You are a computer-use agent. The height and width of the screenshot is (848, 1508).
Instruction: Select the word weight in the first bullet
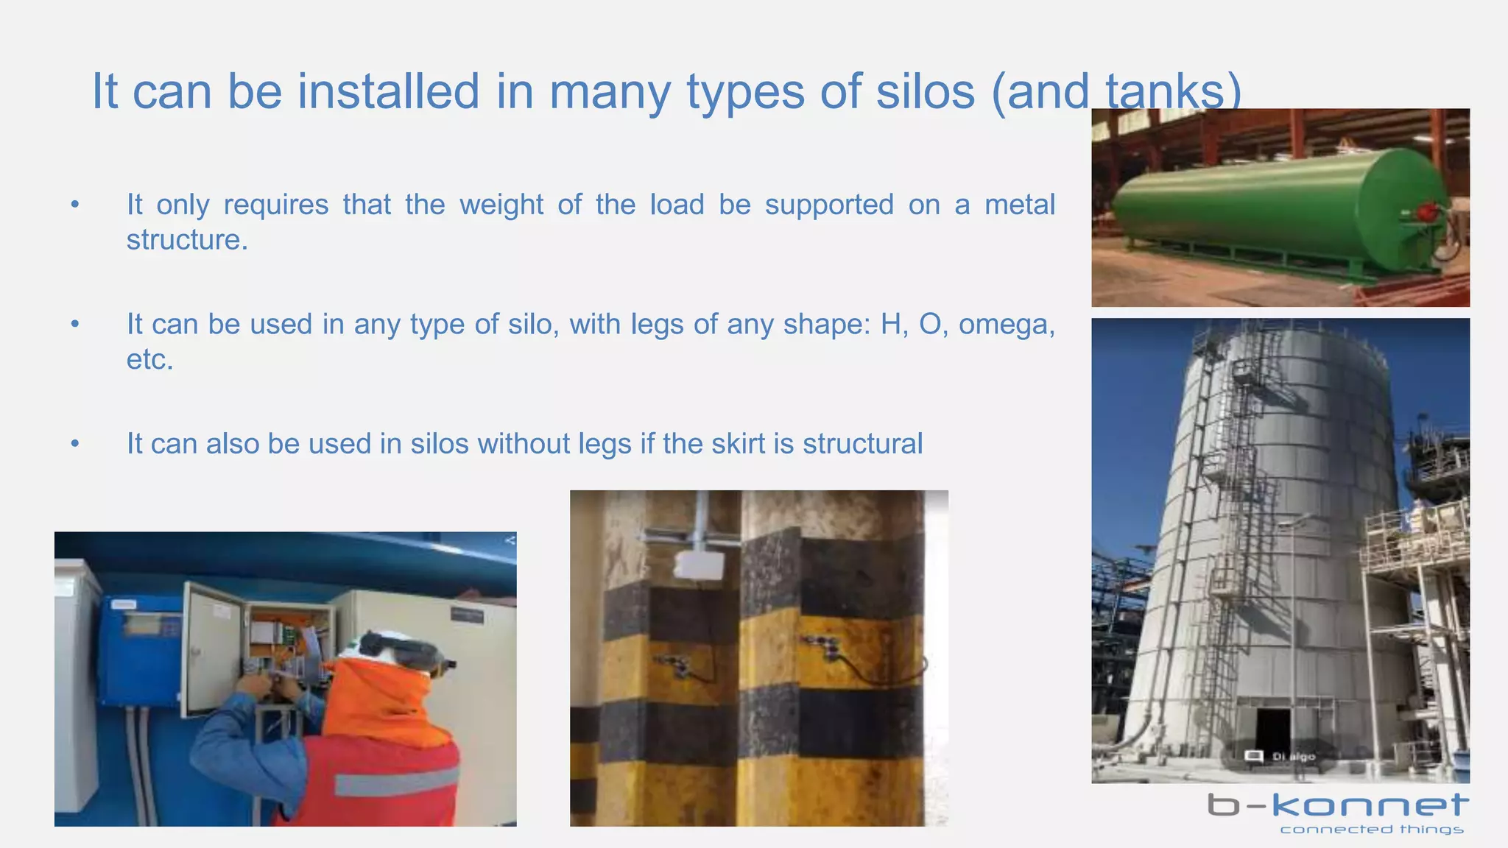[x=501, y=205]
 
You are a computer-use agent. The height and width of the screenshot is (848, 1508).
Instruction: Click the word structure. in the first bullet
[x=187, y=240]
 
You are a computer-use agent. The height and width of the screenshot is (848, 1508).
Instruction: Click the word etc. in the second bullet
[x=149, y=360]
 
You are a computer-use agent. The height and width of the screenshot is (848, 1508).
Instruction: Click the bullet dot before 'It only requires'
[x=74, y=205]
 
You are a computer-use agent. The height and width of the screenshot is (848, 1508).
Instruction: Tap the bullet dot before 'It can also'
[x=74, y=444]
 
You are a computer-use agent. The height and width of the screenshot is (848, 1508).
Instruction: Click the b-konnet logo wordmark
[x=1338, y=805]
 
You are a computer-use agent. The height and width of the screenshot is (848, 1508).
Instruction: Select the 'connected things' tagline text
[x=1371, y=830]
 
